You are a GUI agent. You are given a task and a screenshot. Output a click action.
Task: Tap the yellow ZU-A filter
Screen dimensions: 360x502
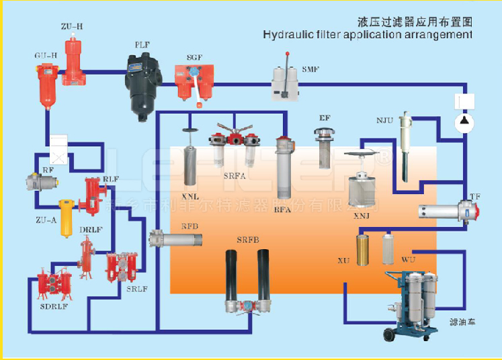click(65, 217)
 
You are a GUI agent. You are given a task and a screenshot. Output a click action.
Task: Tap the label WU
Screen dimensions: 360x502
click(408, 259)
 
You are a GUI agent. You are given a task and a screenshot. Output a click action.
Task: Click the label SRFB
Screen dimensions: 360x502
click(248, 239)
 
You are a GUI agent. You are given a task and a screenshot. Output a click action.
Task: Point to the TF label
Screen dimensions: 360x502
click(475, 196)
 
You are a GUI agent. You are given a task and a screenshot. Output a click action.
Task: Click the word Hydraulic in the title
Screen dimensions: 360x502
click(286, 34)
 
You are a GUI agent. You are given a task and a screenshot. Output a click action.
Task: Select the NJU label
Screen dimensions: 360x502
click(384, 121)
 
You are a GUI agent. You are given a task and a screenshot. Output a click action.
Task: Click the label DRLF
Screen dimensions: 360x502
click(90, 230)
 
